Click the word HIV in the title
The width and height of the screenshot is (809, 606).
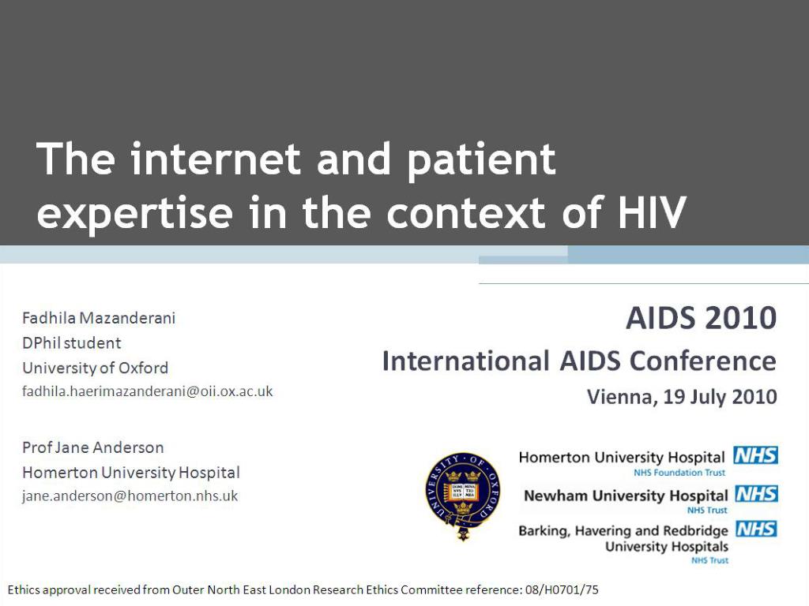pos(652,211)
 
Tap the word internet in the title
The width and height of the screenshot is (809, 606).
pos(216,158)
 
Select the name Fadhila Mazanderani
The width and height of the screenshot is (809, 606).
pos(99,318)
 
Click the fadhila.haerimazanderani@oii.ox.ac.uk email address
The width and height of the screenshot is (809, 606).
pos(148,391)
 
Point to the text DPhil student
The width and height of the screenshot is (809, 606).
pos(72,342)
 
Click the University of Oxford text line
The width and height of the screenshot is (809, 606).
pos(95,368)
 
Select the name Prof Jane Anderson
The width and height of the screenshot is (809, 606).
pos(93,447)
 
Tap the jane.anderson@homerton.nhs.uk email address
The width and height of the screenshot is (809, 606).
pos(130,496)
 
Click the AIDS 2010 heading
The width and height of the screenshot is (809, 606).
pos(702,317)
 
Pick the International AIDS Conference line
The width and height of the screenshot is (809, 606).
pos(579,361)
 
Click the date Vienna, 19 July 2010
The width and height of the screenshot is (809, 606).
pos(682,397)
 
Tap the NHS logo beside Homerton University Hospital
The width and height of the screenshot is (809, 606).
pos(755,455)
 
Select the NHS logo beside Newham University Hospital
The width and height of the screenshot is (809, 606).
pos(756,494)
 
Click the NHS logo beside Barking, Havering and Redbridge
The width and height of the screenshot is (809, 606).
pos(756,529)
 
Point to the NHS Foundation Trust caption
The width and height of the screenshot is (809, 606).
pos(679,473)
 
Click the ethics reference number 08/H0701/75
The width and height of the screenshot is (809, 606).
pos(562,589)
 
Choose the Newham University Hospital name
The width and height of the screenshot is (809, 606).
pos(626,496)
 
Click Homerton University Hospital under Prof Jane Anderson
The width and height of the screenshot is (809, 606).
pos(131,473)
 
